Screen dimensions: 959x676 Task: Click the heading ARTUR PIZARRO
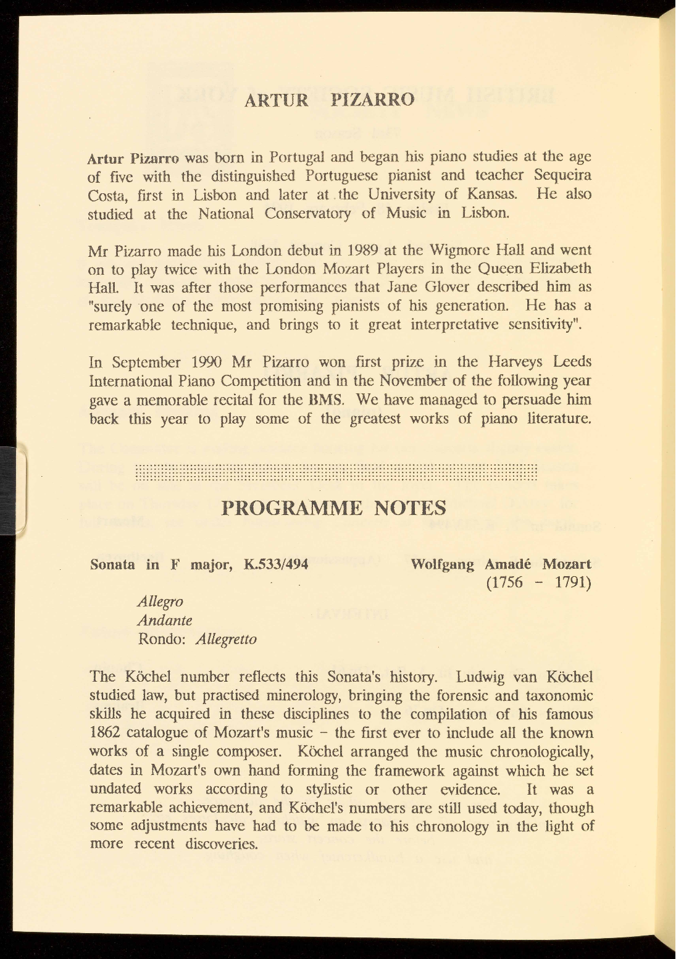(330, 99)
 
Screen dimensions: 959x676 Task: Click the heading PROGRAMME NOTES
(333, 508)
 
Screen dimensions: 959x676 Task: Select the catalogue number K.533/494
(275, 564)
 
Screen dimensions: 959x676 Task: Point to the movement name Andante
(165, 620)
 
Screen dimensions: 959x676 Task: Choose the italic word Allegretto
(225, 639)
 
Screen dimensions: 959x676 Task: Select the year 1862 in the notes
(106, 733)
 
